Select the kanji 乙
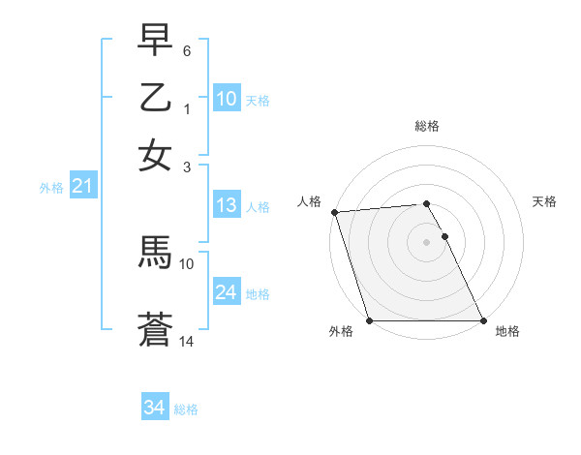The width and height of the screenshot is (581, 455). point(155,98)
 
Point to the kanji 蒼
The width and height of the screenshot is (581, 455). point(155,330)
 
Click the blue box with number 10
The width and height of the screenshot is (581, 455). point(227,99)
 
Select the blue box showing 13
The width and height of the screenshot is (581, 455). point(227,205)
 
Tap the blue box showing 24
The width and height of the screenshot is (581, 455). point(227,292)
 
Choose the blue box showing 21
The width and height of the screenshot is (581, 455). point(82,187)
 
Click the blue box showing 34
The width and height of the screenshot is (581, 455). point(154,408)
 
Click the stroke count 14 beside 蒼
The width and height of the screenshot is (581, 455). point(187,342)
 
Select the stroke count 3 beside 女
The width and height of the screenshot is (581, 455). point(187,167)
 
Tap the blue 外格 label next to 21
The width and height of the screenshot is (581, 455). point(50,188)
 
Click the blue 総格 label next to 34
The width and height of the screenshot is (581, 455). point(186,409)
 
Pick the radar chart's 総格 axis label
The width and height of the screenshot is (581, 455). point(427,126)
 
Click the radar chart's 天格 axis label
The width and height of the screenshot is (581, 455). point(544,201)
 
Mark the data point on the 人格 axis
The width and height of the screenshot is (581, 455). point(334,212)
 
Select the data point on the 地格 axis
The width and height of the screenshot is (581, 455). point(482,320)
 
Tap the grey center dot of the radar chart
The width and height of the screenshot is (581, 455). point(427,242)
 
